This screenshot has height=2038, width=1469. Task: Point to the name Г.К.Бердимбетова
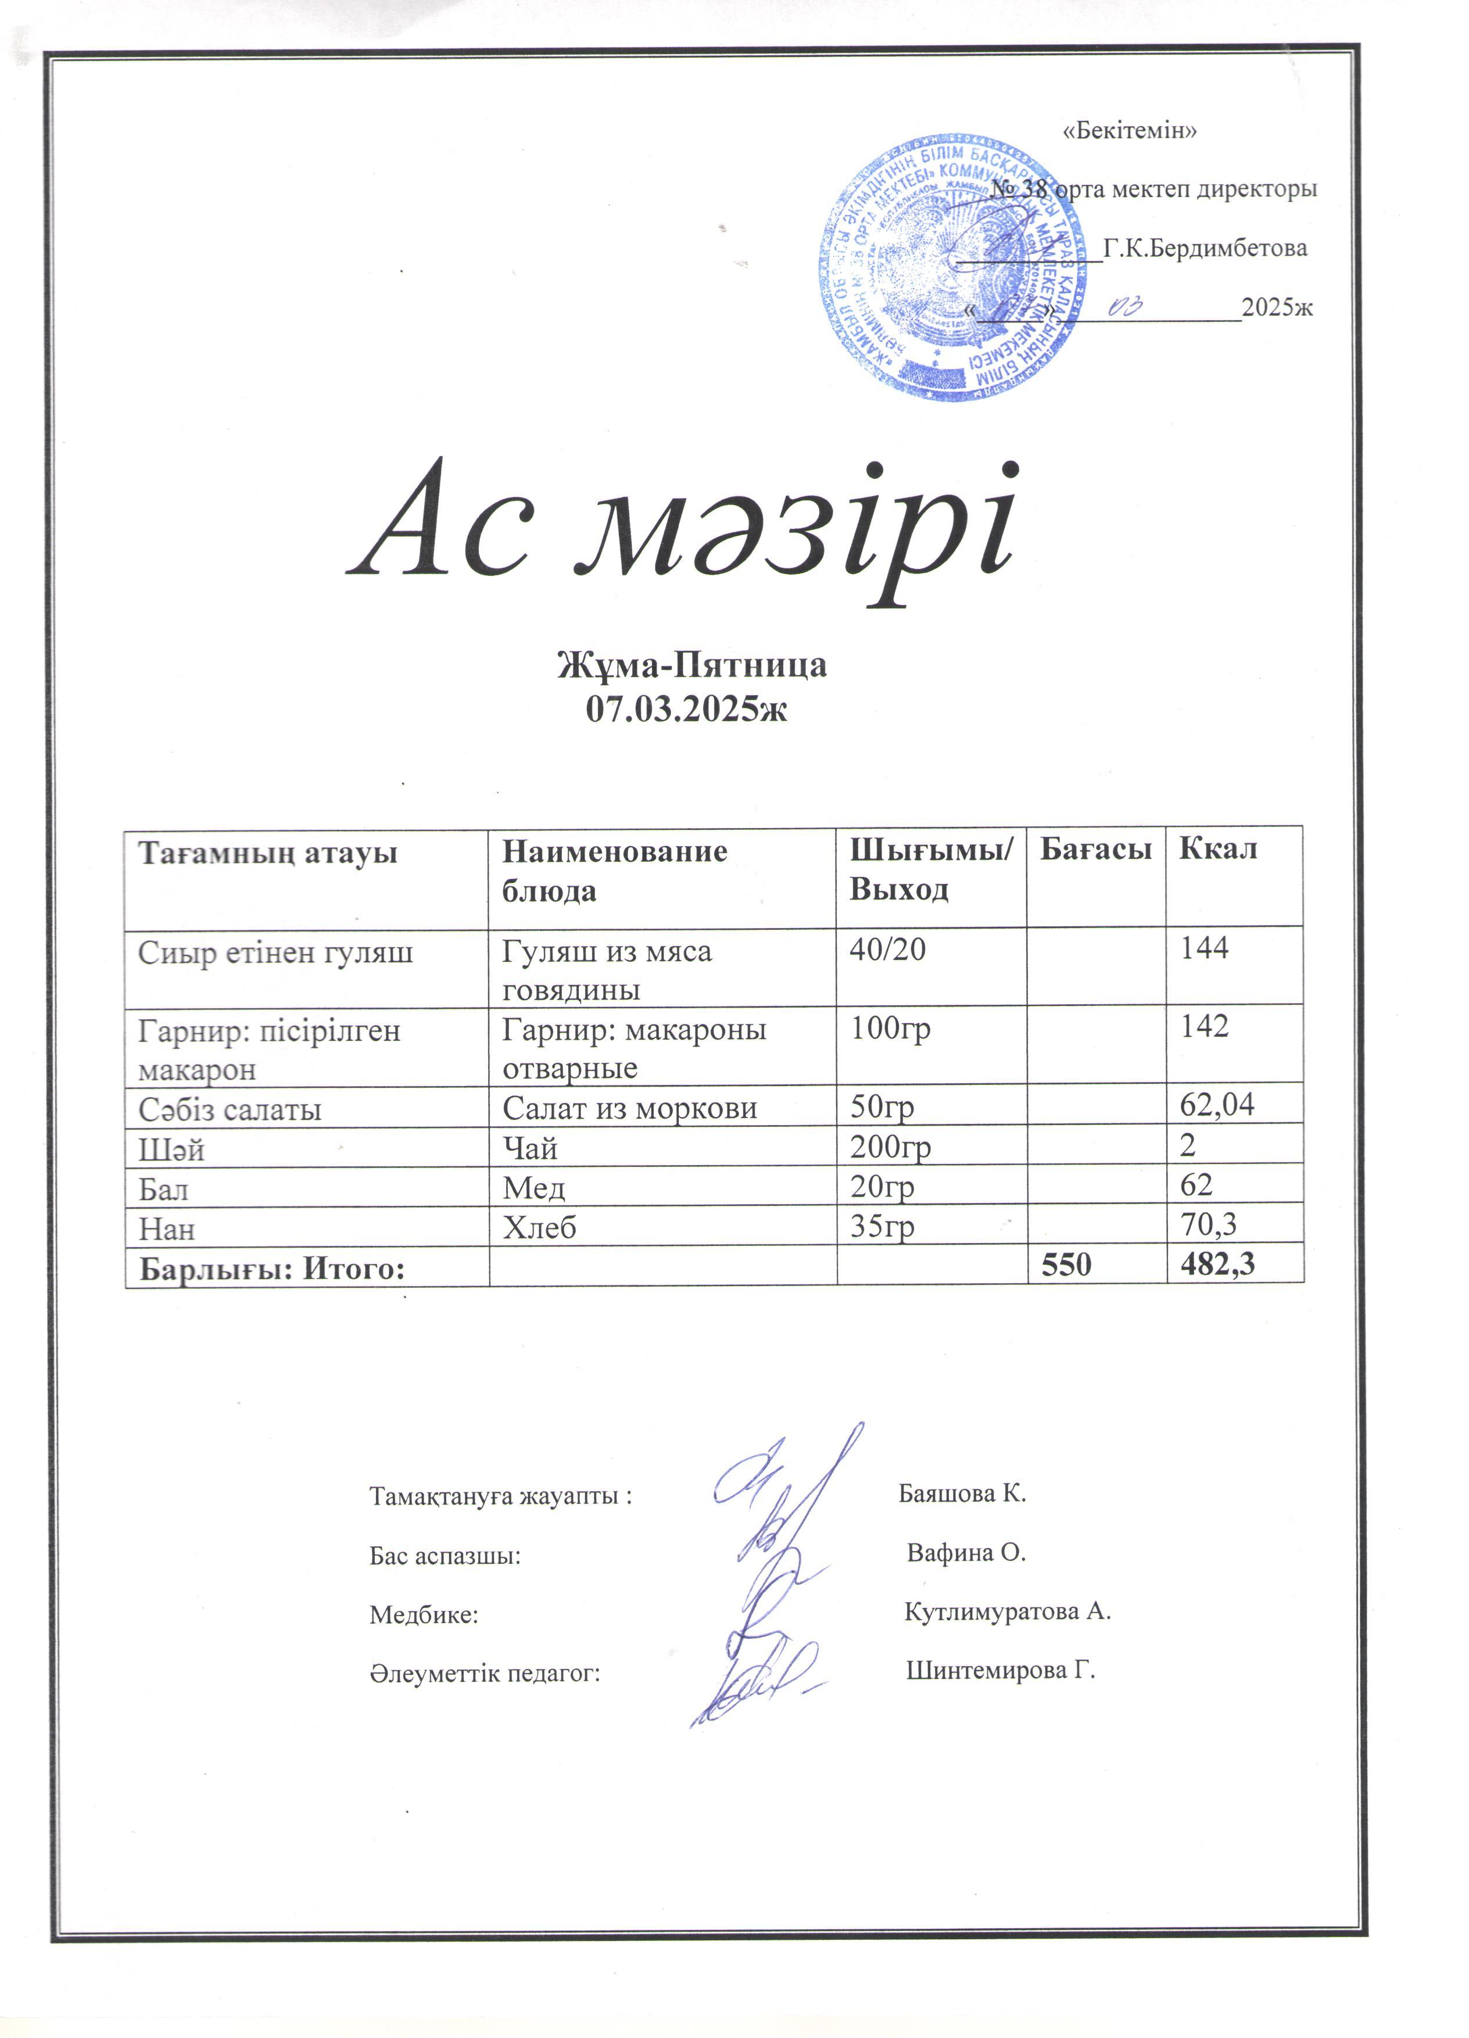pos(1205,248)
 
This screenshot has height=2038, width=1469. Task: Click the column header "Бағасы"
pos(1095,849)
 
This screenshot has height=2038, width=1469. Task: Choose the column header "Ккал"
pos(1219,849)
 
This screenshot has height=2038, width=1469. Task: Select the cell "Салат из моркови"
pos(629,1109)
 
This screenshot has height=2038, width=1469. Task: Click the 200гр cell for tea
pos(890,1148)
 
